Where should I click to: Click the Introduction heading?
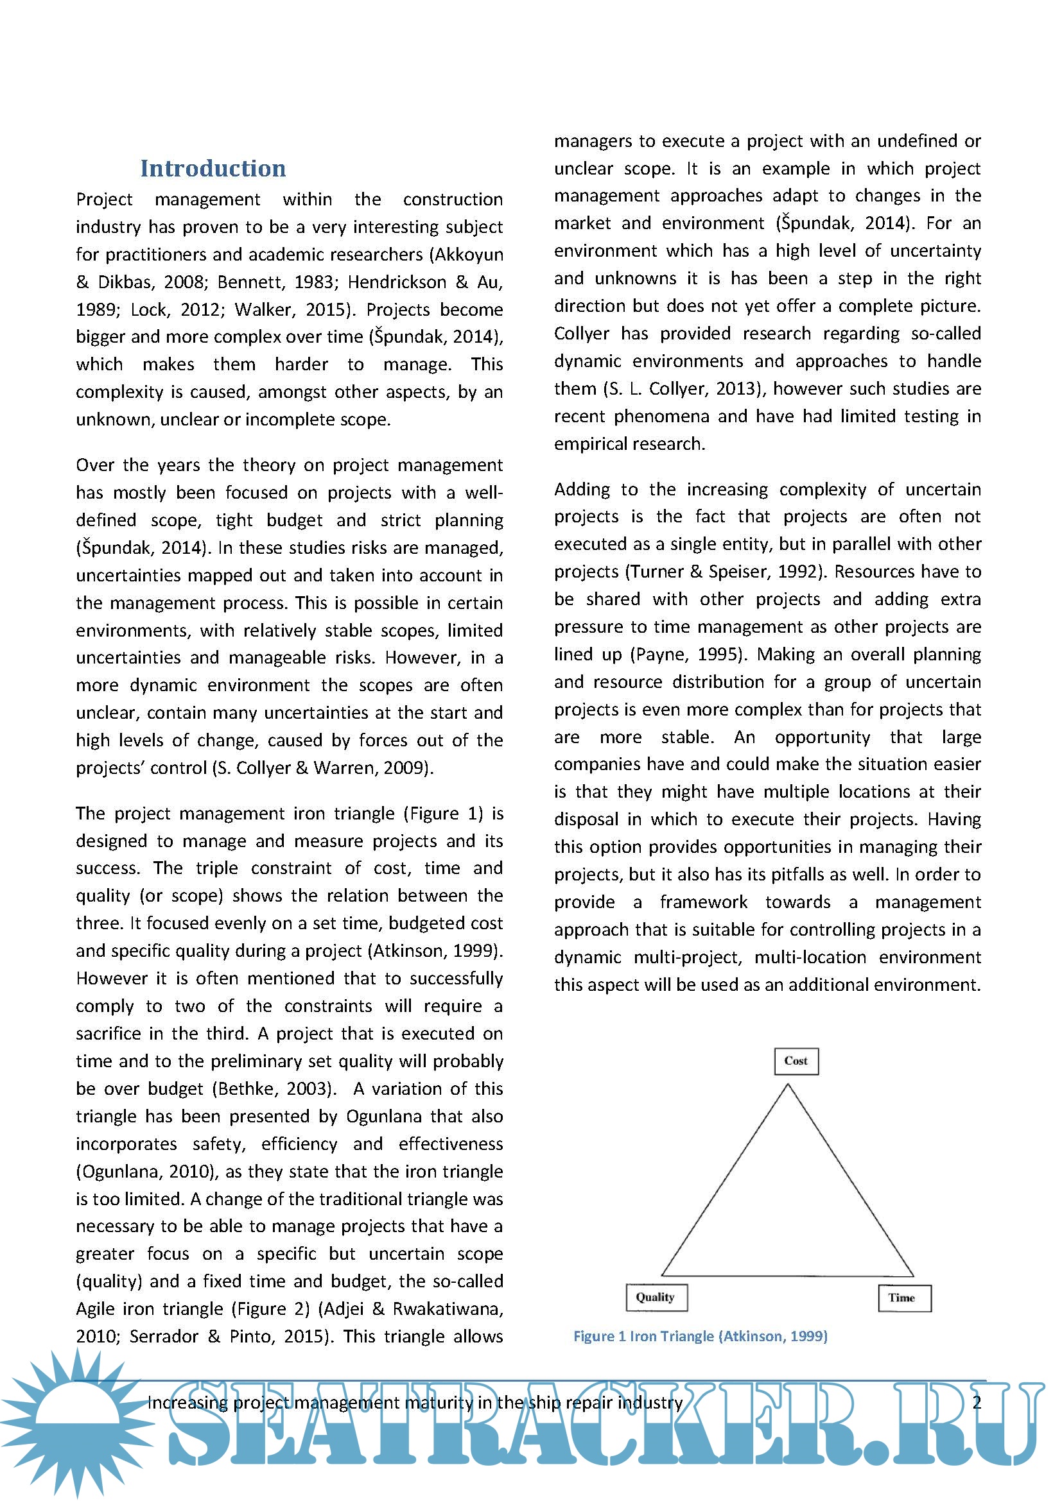tap(213, 168)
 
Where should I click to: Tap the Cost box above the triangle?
tap(796, 1060)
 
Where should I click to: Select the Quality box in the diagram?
tap(656, 1297)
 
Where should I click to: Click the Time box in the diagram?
tap(904, 1298)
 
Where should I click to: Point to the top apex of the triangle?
tap(788, 1085)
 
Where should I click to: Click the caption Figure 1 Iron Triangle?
tap(701, 1336)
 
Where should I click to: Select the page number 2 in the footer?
tap(977, 1403)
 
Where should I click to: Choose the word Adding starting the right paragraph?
tap(581, 489)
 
